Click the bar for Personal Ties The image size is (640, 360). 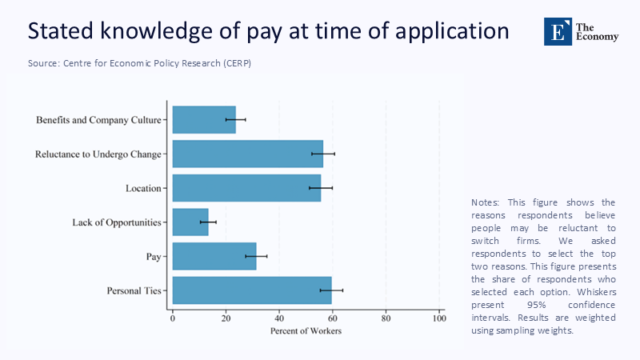251,290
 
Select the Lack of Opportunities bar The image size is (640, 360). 190,222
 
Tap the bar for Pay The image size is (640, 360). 214,256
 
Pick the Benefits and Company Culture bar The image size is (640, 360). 204,120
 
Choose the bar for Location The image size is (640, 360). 246,188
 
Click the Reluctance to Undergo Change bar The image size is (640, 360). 247,154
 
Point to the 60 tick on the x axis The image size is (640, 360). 332,319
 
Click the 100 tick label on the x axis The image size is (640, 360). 438,319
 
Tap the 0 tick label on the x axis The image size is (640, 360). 173,319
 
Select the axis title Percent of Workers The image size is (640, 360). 306,331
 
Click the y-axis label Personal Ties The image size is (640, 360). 134,290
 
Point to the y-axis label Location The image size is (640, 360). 144,188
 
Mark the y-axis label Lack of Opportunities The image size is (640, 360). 117,222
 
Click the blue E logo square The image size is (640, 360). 558,31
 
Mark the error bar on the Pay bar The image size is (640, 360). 256,256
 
